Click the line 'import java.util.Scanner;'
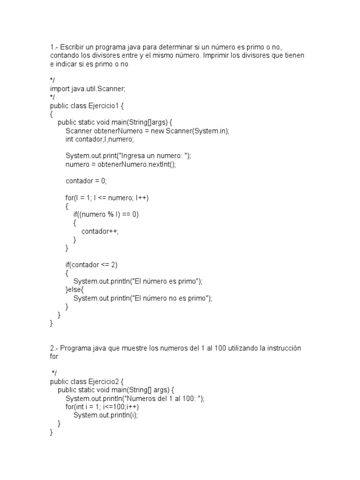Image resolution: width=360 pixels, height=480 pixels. coord(88,89)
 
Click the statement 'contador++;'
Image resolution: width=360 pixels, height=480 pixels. coord(100,232)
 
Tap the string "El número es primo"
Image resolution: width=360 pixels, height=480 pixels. coord(166,282)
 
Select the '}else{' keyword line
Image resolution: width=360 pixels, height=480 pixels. coord(74,290)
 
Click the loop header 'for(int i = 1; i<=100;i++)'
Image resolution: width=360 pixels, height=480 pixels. coord(102,407)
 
